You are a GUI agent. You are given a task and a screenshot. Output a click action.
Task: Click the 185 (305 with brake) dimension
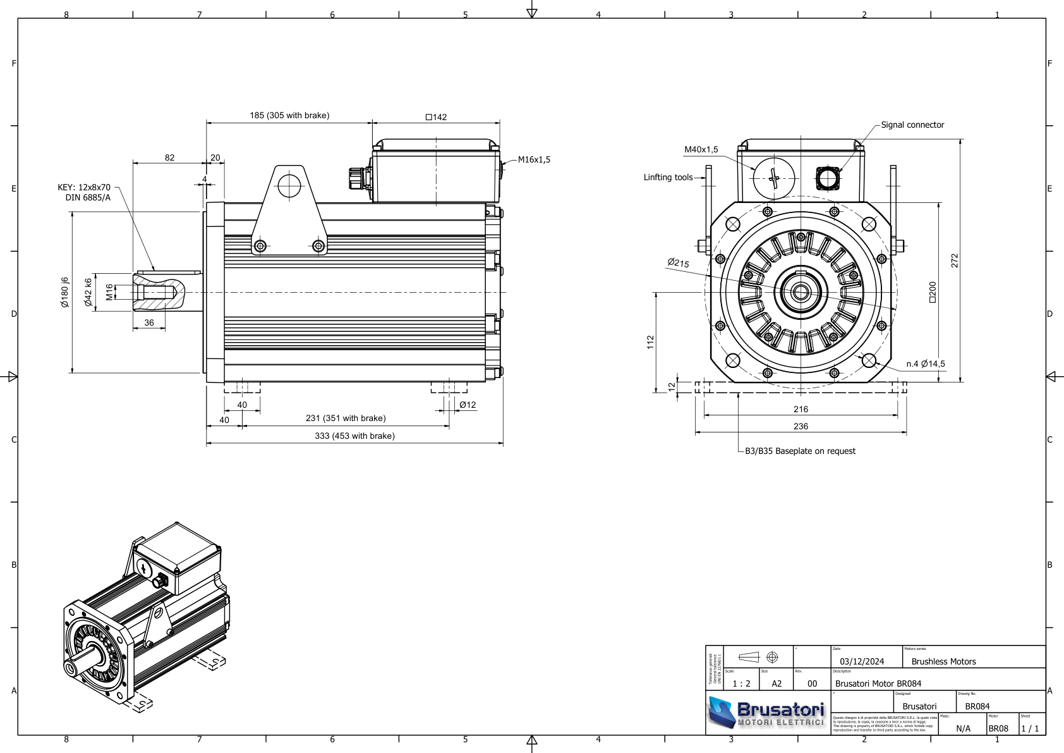click(x=289, y=115)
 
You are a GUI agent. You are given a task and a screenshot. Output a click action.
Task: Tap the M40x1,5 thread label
click(x=701, y=150)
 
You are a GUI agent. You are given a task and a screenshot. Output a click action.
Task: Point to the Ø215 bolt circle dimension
click(x=678, y=262)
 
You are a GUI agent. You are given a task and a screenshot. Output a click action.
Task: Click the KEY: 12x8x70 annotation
click(x=84, y=188)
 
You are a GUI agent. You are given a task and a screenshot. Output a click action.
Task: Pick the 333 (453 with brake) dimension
click(x=354, y=436)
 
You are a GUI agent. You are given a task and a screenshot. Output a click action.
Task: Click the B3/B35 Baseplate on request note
click(x=800, y=451)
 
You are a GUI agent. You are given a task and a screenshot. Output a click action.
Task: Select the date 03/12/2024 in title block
click(x=861, y=661)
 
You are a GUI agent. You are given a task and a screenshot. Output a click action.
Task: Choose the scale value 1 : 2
click(x=741, y=683)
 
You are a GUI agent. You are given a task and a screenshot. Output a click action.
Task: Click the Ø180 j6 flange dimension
click(x=64, y=292)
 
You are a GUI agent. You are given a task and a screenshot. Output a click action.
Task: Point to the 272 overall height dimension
click(x=954, y=260)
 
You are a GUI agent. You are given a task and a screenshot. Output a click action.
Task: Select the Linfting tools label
click(x=668, y=178)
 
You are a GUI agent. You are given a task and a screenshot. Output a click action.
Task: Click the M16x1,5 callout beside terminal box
click(x=534, y=159)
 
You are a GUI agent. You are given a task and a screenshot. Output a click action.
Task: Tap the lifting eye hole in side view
click(x=289, y=185)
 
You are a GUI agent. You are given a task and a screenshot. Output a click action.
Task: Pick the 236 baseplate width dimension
click(x=801, y=426)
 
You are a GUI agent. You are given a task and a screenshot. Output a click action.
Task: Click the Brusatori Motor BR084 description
click(x=878, y=683)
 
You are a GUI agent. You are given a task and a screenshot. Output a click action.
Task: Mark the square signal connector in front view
click(x=827, y=178)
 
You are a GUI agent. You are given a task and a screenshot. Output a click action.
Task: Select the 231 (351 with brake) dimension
click(x=346, y=418)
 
